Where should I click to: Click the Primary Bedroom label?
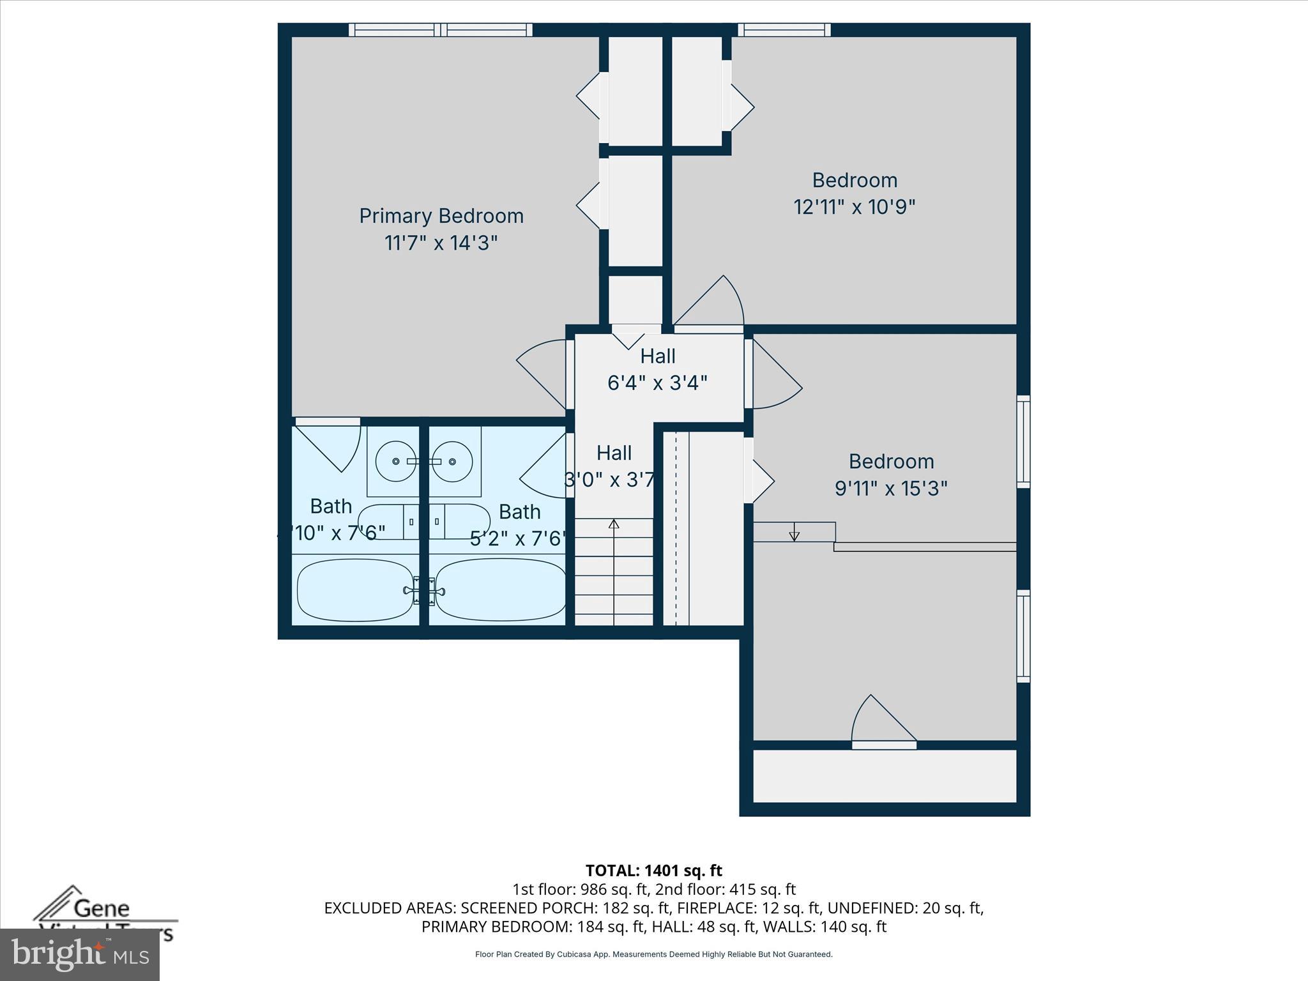(441, 216)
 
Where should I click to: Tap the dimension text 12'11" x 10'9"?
(855, 207)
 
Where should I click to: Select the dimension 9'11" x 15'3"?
(891, 489)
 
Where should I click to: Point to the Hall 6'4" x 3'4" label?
(657, 369)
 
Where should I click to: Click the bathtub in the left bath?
(355, 590)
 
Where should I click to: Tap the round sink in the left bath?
(395, 461)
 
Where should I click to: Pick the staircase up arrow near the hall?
(614, 525)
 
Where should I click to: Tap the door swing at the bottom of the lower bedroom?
(881, 720)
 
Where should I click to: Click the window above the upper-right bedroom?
(784, 29)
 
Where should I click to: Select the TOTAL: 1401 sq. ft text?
(653, 871)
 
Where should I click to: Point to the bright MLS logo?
(79, 955)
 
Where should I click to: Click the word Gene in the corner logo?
(102, 908)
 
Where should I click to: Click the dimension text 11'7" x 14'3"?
(441, 243)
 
